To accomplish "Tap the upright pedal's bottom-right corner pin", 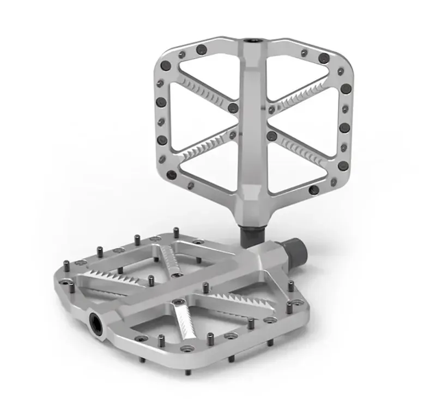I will (x=313, y=190).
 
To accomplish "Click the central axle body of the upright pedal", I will (x=254, y=120).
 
